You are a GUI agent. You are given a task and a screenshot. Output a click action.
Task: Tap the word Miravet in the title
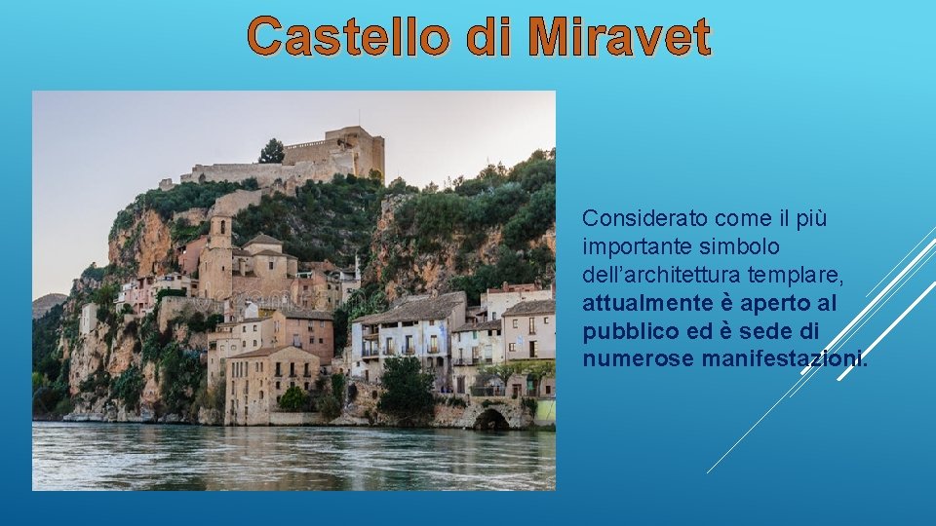tap(619, 37)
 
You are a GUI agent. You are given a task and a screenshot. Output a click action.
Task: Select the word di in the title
tap(488, 37)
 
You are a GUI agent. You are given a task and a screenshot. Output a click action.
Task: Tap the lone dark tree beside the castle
tap(272, 151)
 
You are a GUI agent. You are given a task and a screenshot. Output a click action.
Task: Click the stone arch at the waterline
tap(490, 418)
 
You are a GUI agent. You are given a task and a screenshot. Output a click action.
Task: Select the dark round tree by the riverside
tap(406, 386)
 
